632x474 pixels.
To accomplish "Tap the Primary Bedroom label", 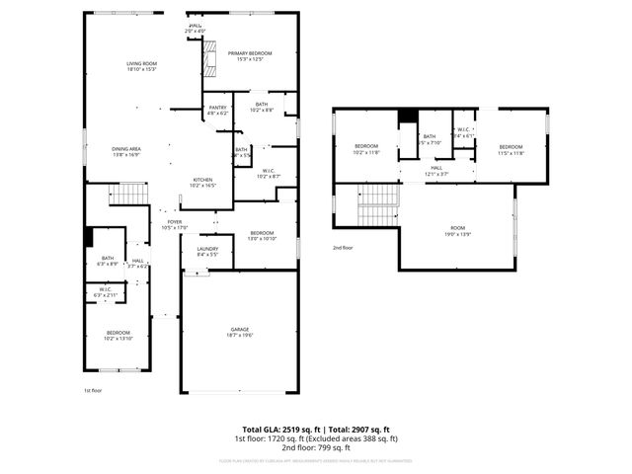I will [x=250, y=55].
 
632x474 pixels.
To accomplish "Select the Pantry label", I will [x=217, y=110].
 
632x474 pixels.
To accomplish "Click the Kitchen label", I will [x=202, y=182].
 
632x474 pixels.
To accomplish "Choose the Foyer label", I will [x=174, y=225].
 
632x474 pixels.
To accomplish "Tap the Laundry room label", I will [x=207, y=251].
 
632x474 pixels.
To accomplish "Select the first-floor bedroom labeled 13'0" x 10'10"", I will [x=262, y=235].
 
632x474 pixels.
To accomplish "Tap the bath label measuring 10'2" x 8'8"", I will [x=261, y=107].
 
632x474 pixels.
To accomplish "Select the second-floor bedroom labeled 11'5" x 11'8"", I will [x=511, y=149].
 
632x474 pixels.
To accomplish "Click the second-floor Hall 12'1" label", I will [x=436, y=170].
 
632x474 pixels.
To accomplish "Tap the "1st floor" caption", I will [x=93, y=391].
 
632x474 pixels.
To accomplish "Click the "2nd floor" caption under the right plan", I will [x=343, y=247].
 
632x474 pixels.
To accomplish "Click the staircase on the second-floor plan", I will [x=375, y=204].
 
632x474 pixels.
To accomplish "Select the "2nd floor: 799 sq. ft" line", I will [x=315, y=446].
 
